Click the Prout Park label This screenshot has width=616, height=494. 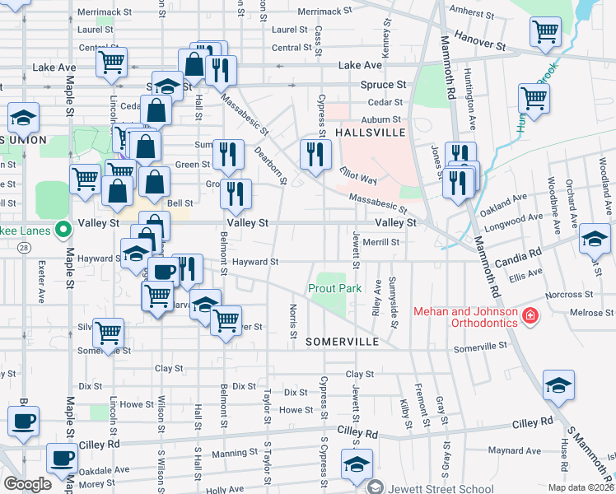pos(335,289)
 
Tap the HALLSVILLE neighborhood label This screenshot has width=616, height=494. pos(371,133)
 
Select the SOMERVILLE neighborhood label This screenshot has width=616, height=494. pos(342,341)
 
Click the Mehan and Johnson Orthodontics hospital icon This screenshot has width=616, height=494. pos(531,315)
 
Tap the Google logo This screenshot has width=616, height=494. pos(27,483)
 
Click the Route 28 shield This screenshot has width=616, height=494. pos(23,247)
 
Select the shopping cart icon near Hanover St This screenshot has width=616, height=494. pos(545,32)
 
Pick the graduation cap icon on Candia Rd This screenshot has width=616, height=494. pos(594,239)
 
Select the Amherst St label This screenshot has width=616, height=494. pos(475,15)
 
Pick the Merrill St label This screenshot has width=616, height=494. pos(380,242)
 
